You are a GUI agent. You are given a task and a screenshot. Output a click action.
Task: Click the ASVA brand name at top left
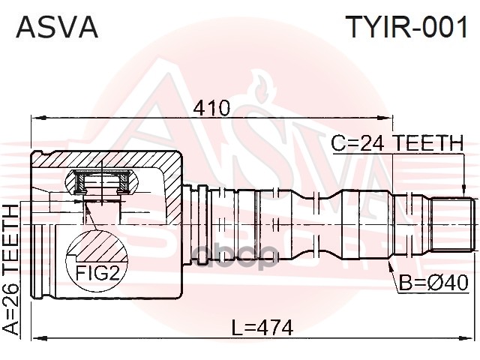tap(57, 28)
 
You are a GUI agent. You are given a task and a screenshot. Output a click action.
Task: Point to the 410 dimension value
tap(211, 107)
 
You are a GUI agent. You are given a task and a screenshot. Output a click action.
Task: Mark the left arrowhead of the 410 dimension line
tap(34, 117)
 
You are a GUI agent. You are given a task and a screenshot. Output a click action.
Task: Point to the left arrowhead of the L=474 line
tap(34, 338)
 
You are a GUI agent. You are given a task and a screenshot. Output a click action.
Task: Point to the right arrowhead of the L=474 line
tap(471, 338)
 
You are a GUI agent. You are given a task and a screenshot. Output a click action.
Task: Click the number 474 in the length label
tap(272, 328)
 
